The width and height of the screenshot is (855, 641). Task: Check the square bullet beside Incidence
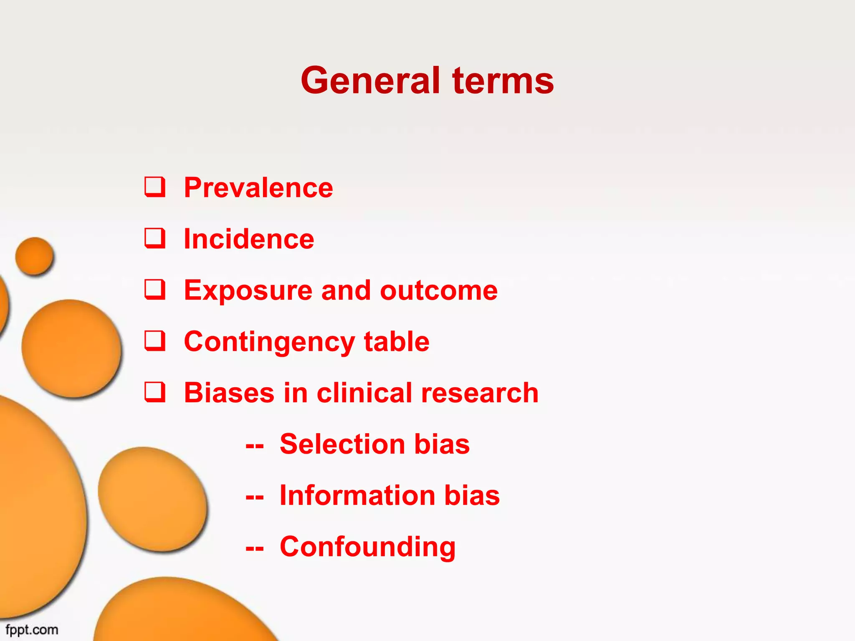(155, 238)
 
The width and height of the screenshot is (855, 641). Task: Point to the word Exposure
(248, 290)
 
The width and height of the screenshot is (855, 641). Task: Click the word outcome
(439, 290)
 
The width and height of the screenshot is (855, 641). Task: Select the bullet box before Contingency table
(155, 341)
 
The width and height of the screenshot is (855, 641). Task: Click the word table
(397, 341)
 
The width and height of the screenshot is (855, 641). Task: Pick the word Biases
(229, 393)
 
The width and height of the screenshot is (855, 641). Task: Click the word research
(480, 393)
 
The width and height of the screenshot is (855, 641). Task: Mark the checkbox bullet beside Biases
(155, 392)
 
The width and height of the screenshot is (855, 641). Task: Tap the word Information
(357, 495)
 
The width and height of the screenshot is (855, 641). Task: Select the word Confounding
(367, 547)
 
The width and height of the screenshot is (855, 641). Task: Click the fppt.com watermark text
(32, 630)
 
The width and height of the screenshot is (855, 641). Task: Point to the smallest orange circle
(35, 256)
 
